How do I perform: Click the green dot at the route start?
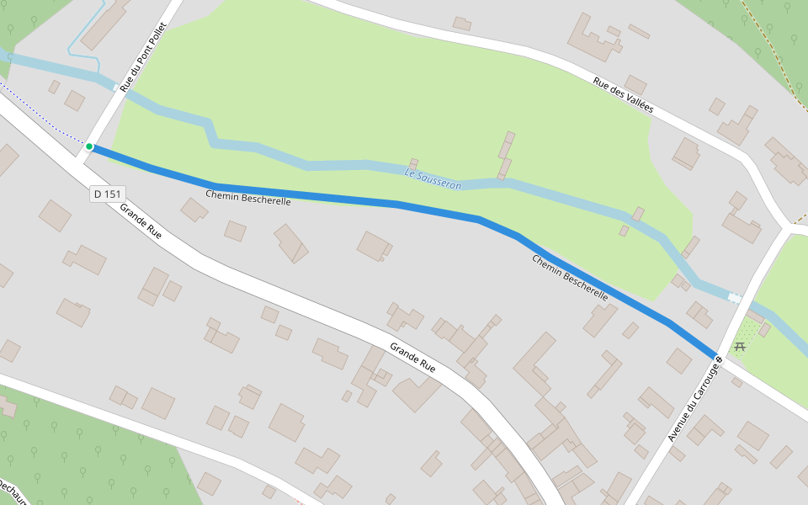click(x=89, y=146)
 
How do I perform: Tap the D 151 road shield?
click(x=108, y=194)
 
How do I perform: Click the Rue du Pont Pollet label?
click(x=144, y=57)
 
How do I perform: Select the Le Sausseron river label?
click(x=433, y=178)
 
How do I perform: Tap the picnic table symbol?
click(x=740, y=346)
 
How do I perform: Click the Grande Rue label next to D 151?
click(x=141, y=221)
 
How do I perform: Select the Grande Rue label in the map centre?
click(x=412, y=358)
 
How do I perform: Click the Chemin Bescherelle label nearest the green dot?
click(x=248, y=198)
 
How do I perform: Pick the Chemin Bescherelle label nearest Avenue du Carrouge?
click(x=570, y=278)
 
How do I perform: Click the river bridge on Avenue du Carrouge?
click(x=736, y=298)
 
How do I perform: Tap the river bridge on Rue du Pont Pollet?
click(x=116, y=87)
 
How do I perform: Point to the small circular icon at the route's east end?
click(x=720, y=360)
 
